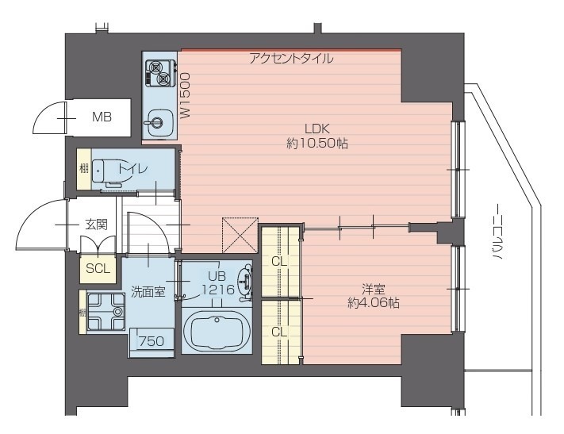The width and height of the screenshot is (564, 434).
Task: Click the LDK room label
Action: pyautogui.click(x=317, y=129)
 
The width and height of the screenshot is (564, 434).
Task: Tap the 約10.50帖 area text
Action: pyautogui.click(x=317, y=144)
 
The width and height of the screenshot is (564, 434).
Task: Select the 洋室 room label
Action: pyautogui.click(x=374, y=289)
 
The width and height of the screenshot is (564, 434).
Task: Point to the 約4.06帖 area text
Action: pyautogui.click(x=374, y=303)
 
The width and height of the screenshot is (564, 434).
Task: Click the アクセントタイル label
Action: pyautogui.click(x=291, y=58)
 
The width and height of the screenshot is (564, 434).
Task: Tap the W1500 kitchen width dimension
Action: pyautogui.click(x=185, y=96)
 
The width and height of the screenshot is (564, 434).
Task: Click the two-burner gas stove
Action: pyautogui.click(x=160, y=74)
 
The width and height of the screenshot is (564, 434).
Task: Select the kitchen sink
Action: pyautogui.click(x=159, y=122)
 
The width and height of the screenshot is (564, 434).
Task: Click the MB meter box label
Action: pyautogui.click(x=102, y=117)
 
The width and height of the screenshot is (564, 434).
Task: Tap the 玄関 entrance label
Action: pyautogui.click(x=96, y=225)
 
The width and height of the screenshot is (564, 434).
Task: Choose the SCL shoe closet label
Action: pyautogui.click(x=98, y=268)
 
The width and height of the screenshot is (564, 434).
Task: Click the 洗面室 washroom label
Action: pyautogui.click(x=148, y=291)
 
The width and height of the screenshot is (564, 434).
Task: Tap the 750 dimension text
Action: pyautogui.click(x=152, y=341)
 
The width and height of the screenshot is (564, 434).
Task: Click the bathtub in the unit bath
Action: pyautogui.click(x=217, y=330)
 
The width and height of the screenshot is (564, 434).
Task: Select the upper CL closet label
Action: pyautogui.click(x=279, y=262)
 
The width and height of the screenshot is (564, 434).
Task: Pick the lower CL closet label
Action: pyautogui.click(x=279, y=332)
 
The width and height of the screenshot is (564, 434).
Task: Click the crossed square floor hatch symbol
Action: pyautogui.click(x=240, y=235)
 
